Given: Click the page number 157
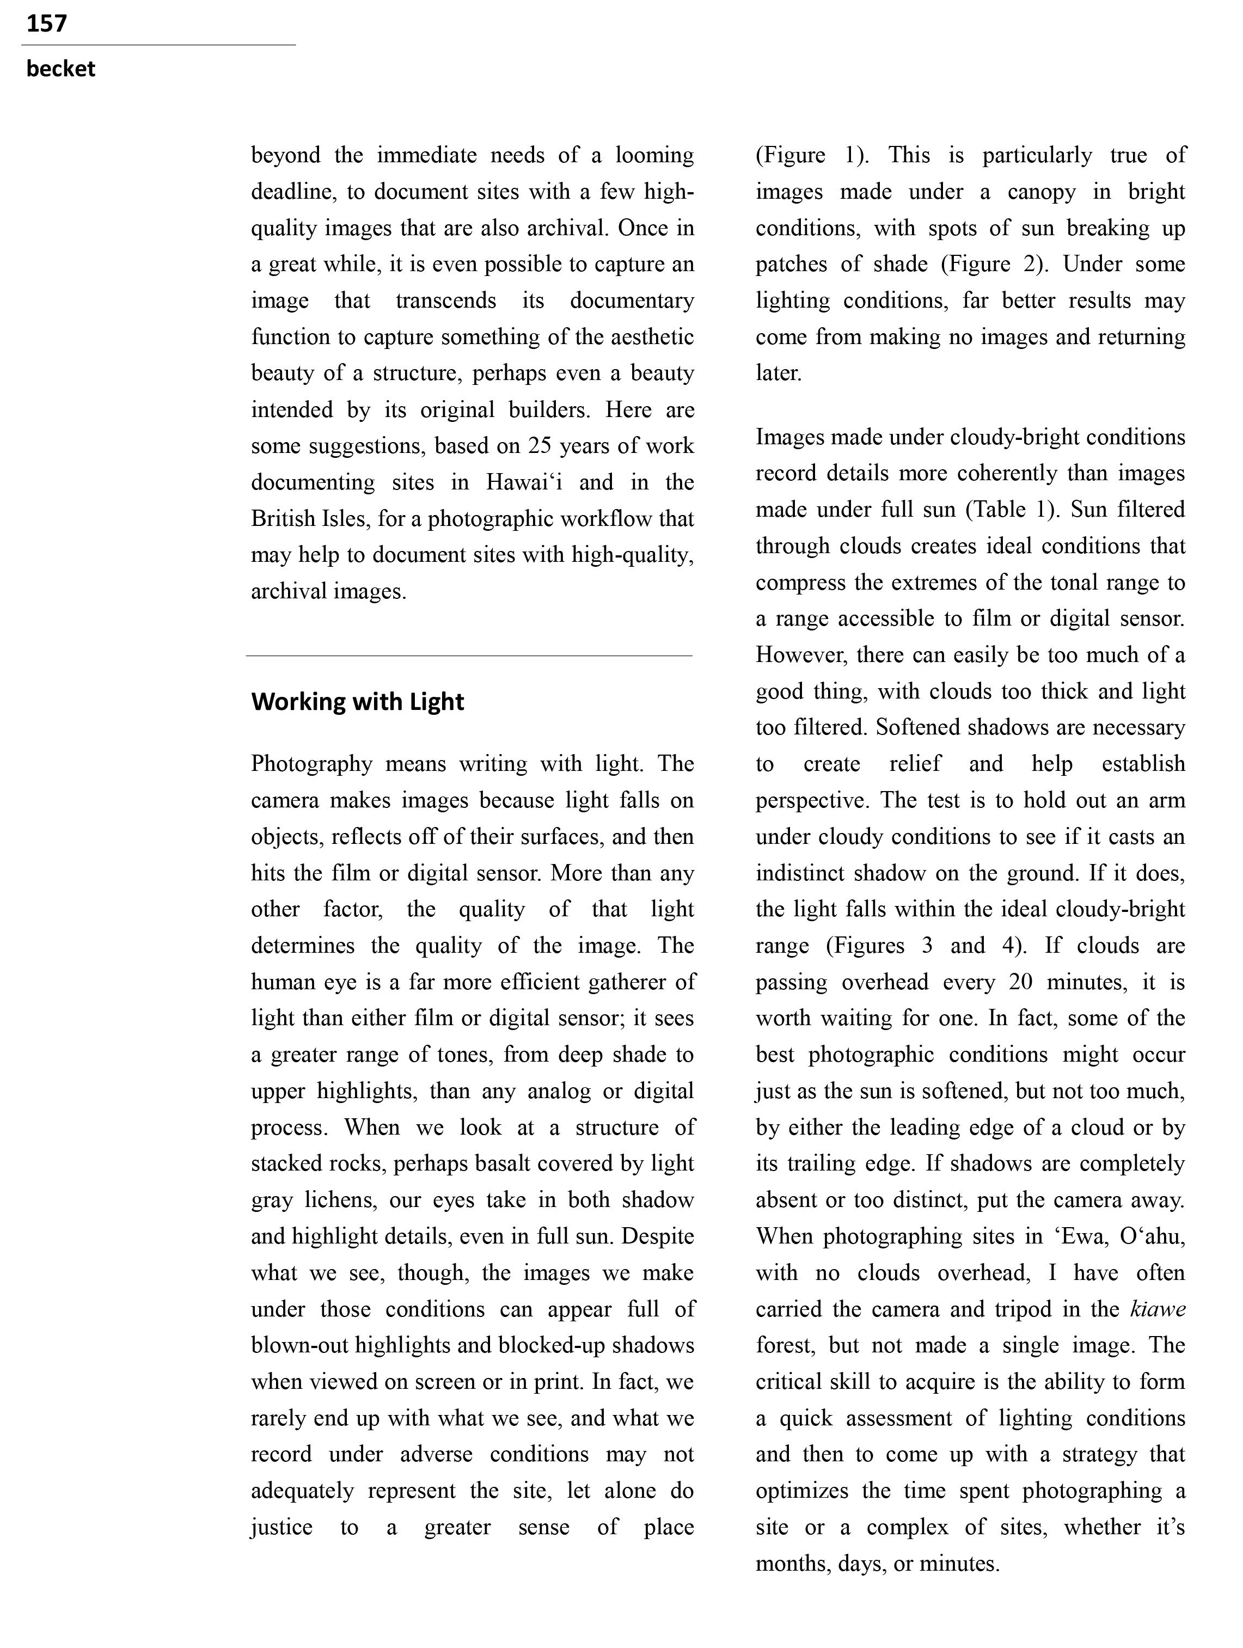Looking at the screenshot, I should coord(46,24).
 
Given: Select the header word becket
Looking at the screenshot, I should coord(60,69).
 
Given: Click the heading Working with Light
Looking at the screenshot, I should coord(357,702).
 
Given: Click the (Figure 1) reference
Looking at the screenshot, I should coord(811,155).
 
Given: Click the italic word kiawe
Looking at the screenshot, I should coord(1158,1310).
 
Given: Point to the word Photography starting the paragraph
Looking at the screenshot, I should coord(311,764).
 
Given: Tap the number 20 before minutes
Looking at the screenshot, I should coord(1020,982).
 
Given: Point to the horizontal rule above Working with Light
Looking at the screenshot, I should coord(469,655).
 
